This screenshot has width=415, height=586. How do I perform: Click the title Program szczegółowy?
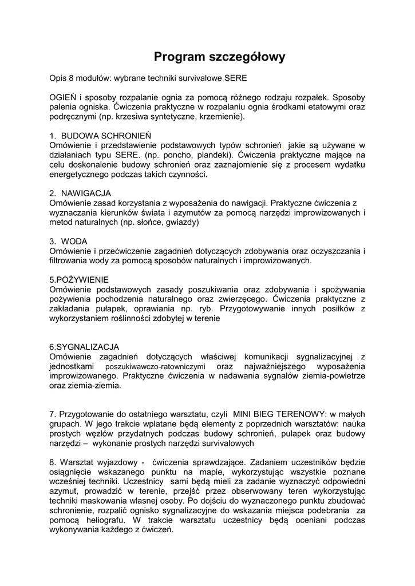[x=219, y=57]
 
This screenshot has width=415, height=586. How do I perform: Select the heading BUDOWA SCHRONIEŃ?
[x=106, y=136]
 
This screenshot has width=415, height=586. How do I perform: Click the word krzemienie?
[x=220, y=117]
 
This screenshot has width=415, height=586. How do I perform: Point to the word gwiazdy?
[x=182, y=222]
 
